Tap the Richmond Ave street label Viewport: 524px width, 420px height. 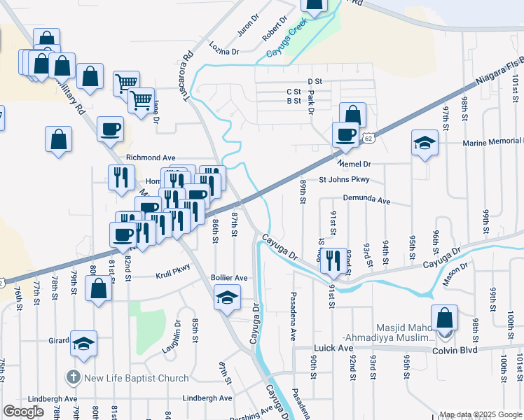pos(151,158)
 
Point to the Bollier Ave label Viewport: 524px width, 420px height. pos(229,278)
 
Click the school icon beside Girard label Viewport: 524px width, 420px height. pos(83,344)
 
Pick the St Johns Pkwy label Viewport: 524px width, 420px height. pos(344,180)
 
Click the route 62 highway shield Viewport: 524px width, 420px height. pos(368,139)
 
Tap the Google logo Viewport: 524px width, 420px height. pos(23,412)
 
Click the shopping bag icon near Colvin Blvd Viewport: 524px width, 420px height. pos(444,318)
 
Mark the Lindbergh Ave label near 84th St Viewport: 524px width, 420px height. pos(207,398)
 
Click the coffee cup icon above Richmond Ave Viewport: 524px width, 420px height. pos(110,129)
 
